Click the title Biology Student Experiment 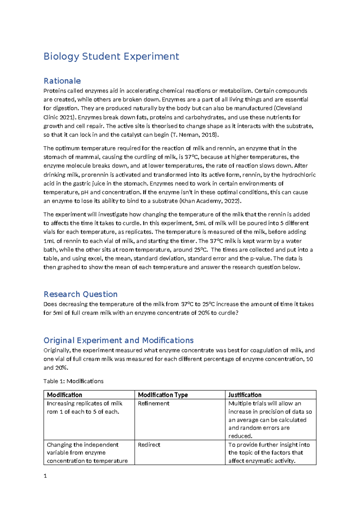click(x=111, y=56)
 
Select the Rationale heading click(x=62, y=81)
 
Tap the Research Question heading click(x=80, y=294)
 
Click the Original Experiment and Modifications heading click(x=118, y=340)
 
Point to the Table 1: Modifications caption click(x=73, y=381)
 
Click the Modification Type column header click(x=163, y=395)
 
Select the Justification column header click(x=245, y=395)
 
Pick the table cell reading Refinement click(x=154, y=404)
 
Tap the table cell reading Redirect click(x=149, y=445)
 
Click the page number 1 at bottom click(x=45, y=476)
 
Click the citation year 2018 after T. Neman click(x=208, y=135)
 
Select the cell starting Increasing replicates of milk click(x=85, y=408)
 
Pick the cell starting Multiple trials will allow click(x=270, y=420)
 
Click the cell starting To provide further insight click(x=269, y=453)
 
